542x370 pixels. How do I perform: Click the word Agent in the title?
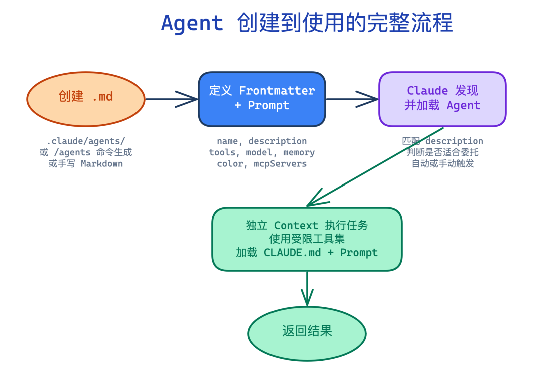point(192,24)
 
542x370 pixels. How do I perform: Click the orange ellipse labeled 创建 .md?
point(86,99)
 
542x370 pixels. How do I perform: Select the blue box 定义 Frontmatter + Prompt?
point(261,99)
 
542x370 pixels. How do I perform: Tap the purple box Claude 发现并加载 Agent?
point(442,99)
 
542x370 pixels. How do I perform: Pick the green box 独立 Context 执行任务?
point(307,239)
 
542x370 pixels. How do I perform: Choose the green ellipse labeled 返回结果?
point(307,331)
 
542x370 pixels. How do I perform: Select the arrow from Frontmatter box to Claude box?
point(352,99)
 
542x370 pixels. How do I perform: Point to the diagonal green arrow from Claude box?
point(374,166)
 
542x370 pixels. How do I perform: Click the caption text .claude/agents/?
point(86,141)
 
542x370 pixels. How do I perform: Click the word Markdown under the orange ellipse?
point(101,164)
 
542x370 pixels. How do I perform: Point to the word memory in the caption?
point(299,152)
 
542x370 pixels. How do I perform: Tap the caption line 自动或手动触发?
point(443,164)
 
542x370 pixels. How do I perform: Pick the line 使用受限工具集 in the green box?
point(307,239)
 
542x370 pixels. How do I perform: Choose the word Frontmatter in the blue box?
point(277,91)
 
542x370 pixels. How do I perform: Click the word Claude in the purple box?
point(427,91)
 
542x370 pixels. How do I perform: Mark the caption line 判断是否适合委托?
point(443,152)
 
